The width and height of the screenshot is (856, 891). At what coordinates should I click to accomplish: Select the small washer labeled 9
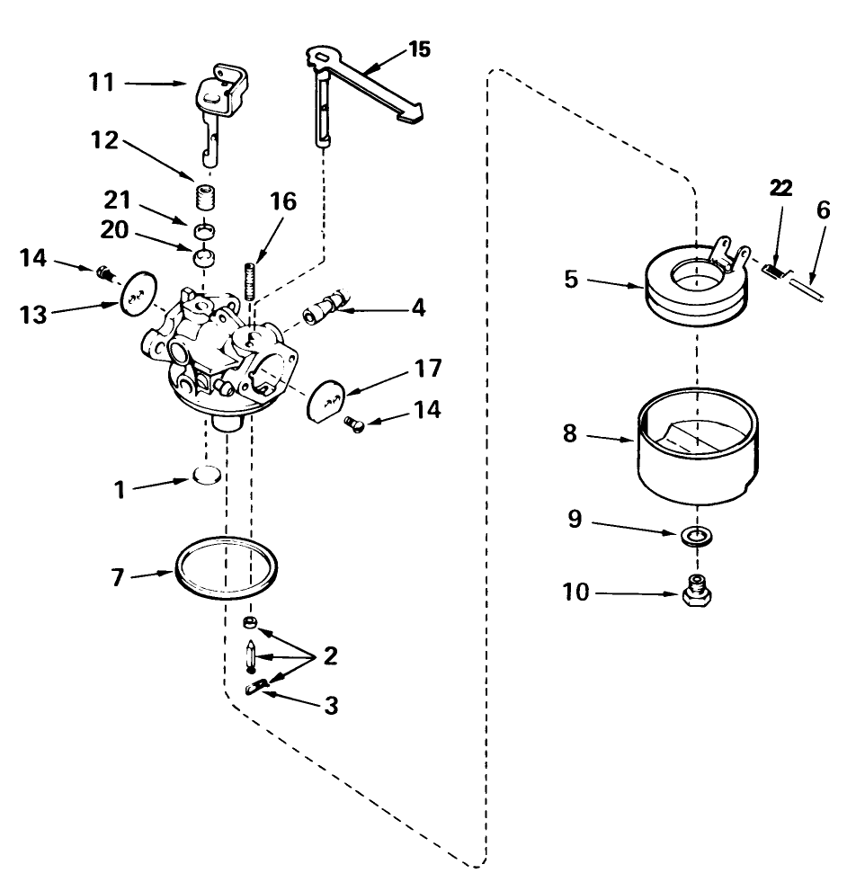(x=692, y=538)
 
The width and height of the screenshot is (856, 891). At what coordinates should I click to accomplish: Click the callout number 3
(x=331, y=707)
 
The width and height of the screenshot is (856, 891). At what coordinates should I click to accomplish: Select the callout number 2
(x=331, y=655)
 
